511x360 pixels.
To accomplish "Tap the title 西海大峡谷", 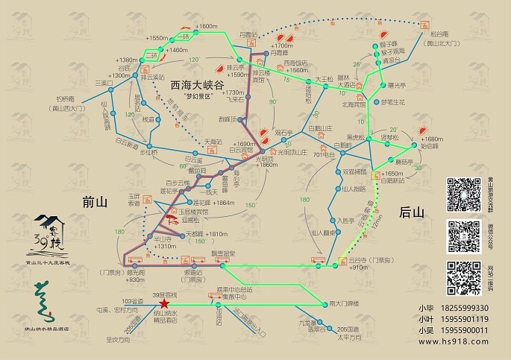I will tap(198, 86).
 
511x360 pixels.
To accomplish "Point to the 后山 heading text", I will tap(411, 212).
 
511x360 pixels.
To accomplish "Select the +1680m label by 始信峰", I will tap(431, 139).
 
